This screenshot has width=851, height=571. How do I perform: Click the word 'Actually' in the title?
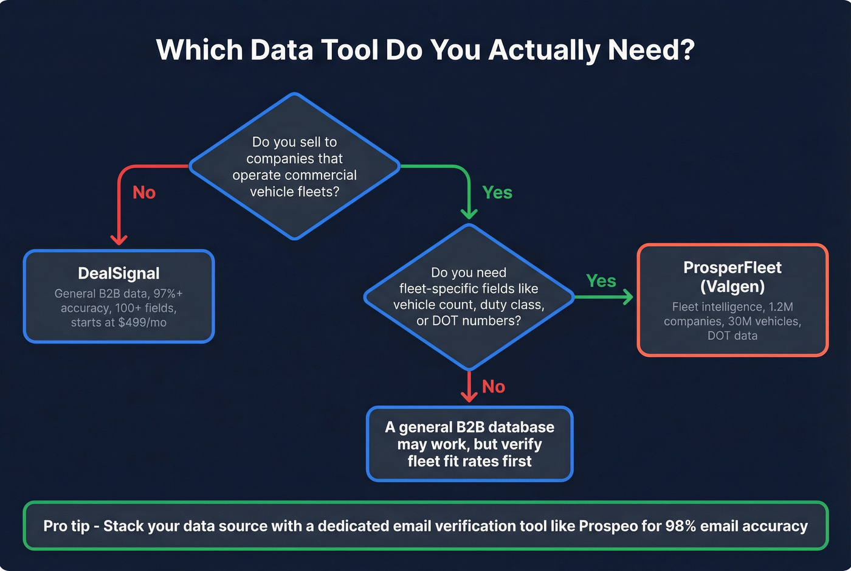tap(544, 50)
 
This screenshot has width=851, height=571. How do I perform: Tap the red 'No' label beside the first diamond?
tap(144, 193)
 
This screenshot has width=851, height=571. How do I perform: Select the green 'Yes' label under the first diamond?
tap(497, 193)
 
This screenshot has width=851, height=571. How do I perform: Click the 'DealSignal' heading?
tap(119, 274)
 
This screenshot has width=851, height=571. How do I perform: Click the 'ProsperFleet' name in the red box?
tap(732, 268)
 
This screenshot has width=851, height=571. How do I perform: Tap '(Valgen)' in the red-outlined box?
tap(732, 286)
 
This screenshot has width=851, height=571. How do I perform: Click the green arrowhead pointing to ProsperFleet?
tap(627, 297)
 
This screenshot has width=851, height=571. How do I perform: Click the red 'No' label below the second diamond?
tap(494, 387)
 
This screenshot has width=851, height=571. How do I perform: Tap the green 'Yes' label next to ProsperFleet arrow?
tap(601, 281)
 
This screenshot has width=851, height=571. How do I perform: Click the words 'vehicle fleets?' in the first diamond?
tap(294, 192)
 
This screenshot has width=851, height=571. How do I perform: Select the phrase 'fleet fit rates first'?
tap(469, 462)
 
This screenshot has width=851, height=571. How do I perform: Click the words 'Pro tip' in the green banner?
tap(66, 526)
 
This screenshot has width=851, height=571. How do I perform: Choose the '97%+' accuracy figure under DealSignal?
tap(168, 294)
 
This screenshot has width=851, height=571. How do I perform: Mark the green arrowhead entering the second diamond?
tap(469, 213)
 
